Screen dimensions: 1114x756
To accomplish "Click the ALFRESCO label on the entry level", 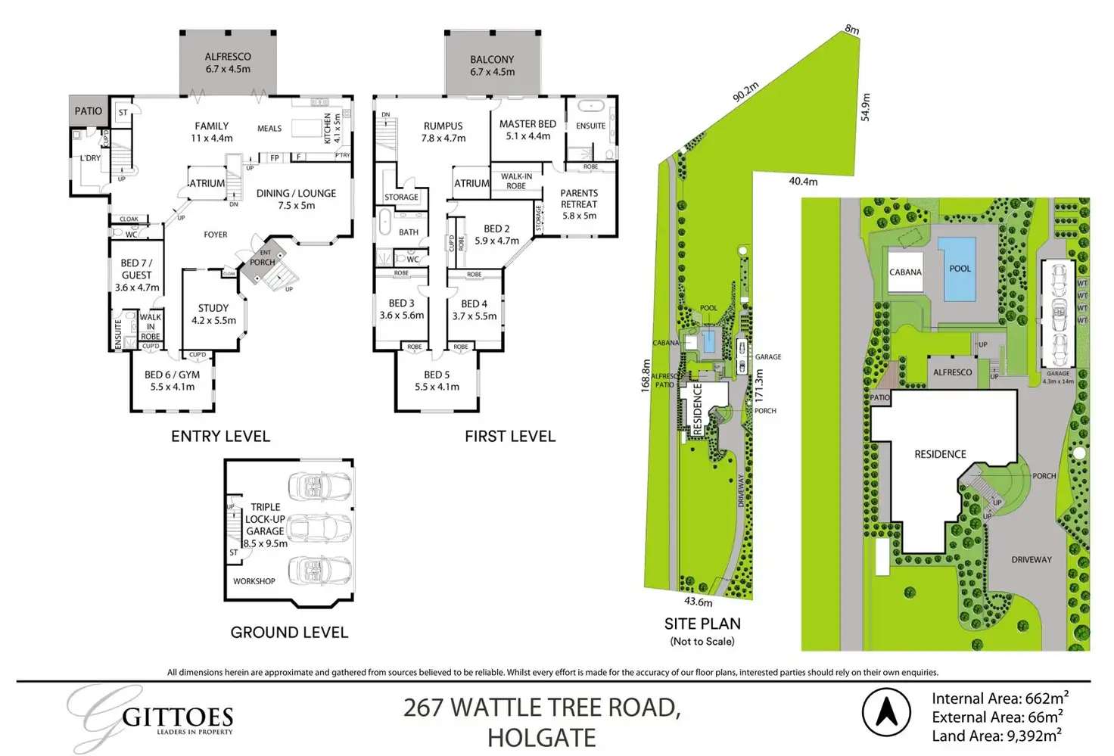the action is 228,57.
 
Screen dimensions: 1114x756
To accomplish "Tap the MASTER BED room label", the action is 527,124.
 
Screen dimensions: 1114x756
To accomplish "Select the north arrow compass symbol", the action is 886,711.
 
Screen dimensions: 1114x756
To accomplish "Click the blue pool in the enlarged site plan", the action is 960,269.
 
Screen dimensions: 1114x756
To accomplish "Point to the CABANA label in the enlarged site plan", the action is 905,272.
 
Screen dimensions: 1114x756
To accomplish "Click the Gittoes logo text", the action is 177,717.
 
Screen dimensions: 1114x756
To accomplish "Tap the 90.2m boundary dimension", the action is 745,92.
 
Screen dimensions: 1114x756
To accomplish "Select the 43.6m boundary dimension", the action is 698,602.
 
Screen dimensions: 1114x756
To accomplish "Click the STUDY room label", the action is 213,308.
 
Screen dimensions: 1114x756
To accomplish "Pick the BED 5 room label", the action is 437,375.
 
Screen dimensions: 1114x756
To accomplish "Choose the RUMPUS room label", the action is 443,126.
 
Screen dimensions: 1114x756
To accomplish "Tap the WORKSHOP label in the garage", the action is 254,581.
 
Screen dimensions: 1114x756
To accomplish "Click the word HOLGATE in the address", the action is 541,737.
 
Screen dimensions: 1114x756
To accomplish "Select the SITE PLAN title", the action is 702,624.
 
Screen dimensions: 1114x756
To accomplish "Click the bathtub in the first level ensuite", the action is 590,106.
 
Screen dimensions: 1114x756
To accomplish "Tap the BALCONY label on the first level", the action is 492,60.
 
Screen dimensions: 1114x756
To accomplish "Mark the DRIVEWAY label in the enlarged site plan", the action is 1031,560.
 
